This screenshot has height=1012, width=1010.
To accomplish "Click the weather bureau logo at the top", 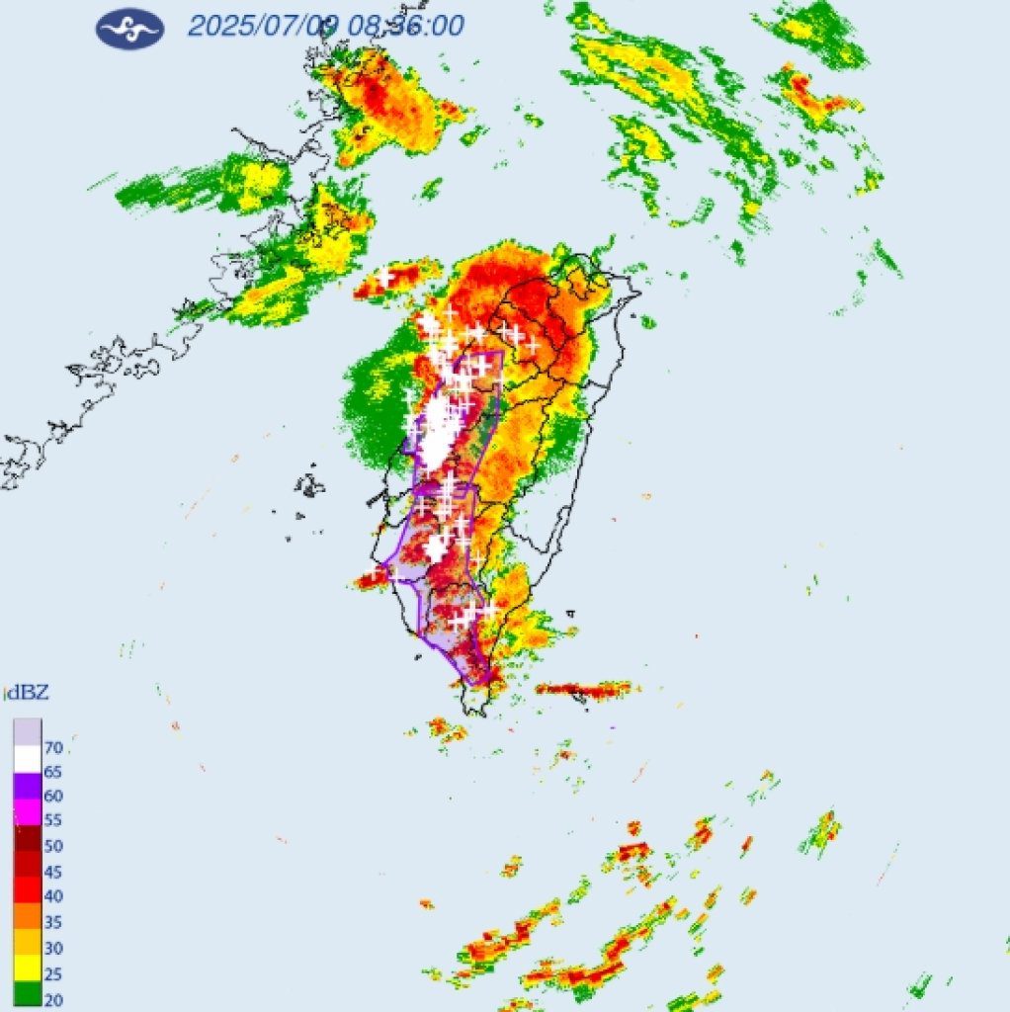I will [x=129, y=28].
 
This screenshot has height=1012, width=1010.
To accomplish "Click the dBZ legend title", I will [x=27, y=693].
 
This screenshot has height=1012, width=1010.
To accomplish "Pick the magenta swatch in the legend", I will [x=27, y=811].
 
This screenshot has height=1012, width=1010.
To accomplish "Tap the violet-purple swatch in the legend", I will [x=27, y=786].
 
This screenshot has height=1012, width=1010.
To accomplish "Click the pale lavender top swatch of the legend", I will [x=27, y=732].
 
